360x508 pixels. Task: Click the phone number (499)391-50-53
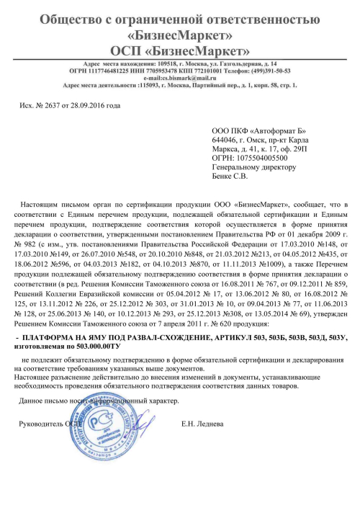(x=265, y=71)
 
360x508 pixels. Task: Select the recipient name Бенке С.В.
(x=230, y=176)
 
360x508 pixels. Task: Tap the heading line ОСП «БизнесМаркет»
(x=179, y=50)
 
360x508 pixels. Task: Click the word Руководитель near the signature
(x=43, y=423)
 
